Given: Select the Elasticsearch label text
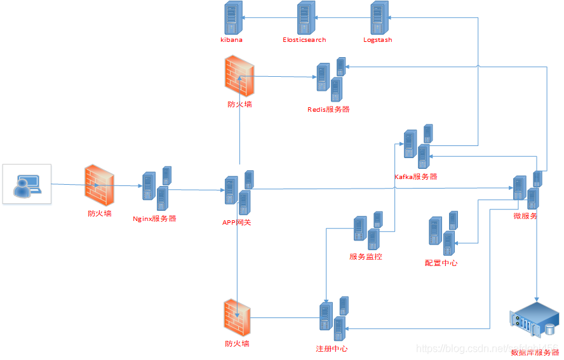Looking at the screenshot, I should [x=304, y=40].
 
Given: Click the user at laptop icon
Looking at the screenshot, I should [x=27, y=184].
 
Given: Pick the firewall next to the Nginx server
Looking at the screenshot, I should [x=99, y=185].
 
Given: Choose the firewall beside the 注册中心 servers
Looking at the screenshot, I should [x=237, y=319].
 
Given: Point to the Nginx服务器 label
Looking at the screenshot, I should [x=154, y=219].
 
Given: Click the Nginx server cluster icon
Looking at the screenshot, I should [x=156, y=188].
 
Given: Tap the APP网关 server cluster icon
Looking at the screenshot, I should [x=239, y=193].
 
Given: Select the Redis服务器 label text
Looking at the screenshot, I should [x=328, y=109].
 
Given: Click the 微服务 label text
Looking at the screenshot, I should [x=525, y=216].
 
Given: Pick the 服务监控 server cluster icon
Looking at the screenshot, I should [x=368, y=231].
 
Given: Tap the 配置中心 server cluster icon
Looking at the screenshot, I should [x=443, y=236].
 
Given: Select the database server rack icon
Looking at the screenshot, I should [x=534, y=321].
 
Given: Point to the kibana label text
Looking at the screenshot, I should [x=231, y=40].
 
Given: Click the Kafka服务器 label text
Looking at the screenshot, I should [x=416, y=177].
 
